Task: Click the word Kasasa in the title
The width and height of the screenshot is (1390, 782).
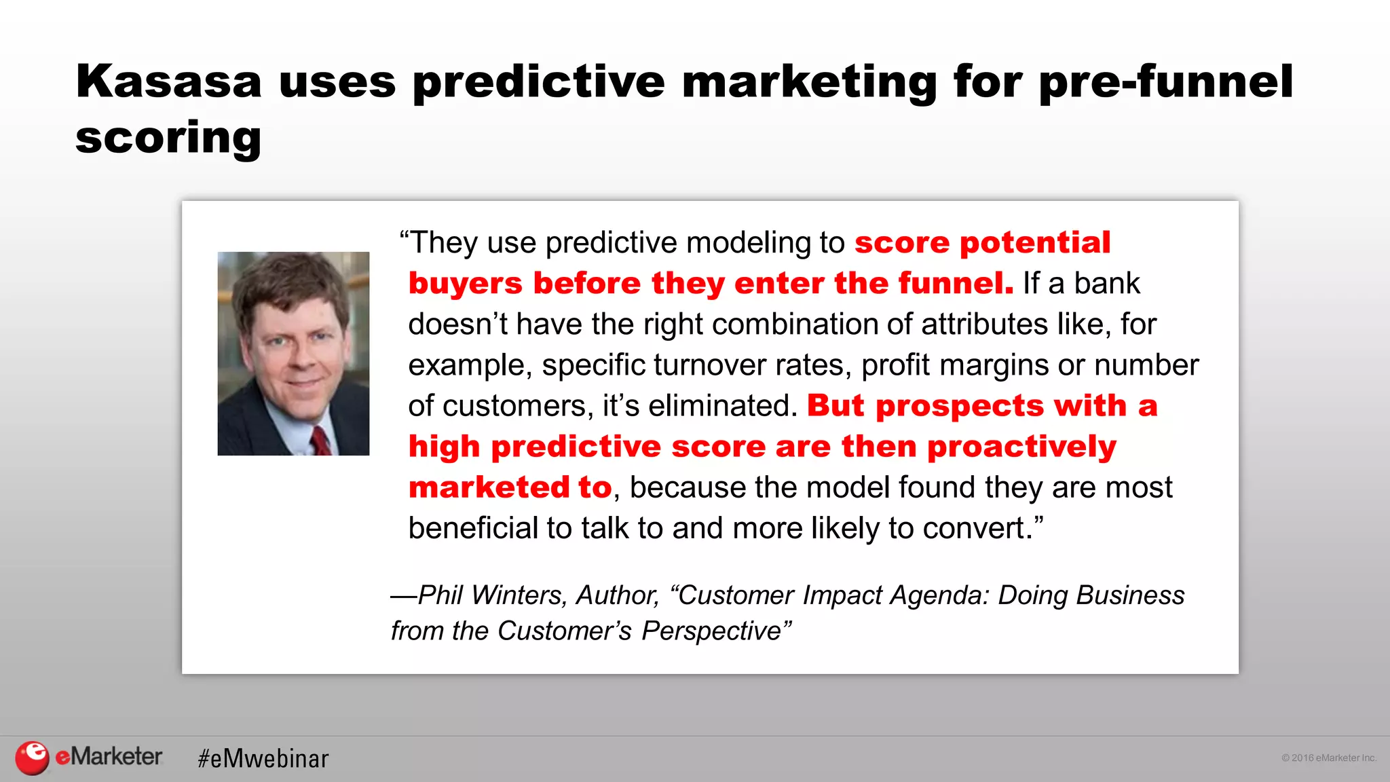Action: [x=168, y=81]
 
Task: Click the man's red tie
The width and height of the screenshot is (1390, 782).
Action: [x=321, y=441]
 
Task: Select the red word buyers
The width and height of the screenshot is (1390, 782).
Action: [x=465, y=284]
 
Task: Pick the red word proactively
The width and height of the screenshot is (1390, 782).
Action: [x=1021, y=447]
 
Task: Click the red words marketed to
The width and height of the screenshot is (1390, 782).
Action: [x=510, y=487]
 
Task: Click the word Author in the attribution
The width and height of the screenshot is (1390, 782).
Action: [x=617, y=595]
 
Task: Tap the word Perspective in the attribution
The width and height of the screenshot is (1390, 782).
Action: [x=712, y=631]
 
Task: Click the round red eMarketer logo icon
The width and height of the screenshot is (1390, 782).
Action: [x=32, y=758]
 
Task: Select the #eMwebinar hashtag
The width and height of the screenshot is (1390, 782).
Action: [x=263, y=758]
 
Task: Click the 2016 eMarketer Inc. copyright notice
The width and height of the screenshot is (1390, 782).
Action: [x=1328, y=758]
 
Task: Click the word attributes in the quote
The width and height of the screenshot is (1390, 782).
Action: [x=984, y=324]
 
